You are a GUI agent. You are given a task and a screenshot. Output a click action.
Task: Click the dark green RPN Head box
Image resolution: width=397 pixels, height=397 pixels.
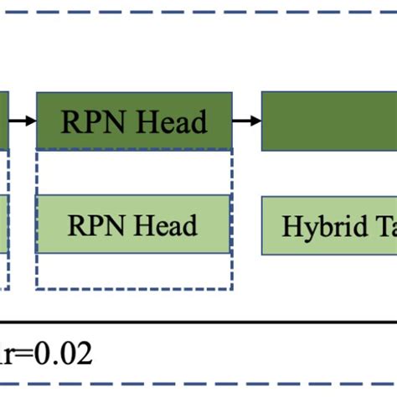[x=134, y=122]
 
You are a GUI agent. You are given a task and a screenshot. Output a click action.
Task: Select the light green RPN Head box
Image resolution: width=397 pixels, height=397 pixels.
[x=134, y=225]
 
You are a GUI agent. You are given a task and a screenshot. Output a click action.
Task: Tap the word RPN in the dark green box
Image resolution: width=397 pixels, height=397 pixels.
[x=89, y=123]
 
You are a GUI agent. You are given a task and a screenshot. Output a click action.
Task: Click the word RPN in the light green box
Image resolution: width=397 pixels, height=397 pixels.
[x=93, y=226]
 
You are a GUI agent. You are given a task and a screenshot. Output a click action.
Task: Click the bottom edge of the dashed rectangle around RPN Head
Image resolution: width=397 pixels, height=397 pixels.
[x=134, y=289]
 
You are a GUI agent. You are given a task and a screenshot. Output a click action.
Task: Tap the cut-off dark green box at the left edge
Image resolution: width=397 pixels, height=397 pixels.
[x=4, y=122]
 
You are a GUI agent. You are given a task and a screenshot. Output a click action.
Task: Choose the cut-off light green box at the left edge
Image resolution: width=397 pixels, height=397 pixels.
[x=4, y=225]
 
